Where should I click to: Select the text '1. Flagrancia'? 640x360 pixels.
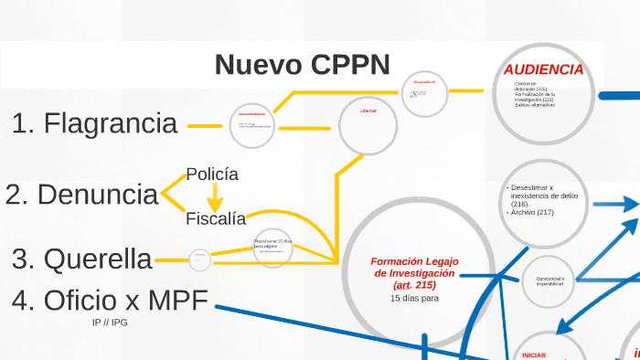[x=95, y=123]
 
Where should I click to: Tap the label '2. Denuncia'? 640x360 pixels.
[x=81, y=195]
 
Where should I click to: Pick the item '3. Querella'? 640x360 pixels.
[x=82, y=259]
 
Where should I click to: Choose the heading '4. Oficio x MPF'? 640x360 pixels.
[x=110, y=299]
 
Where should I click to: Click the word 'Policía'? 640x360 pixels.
[x=212, y=174]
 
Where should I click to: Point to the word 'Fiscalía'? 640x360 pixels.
[x=216, y=218]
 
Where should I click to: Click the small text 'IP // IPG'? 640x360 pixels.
[x=109, y=323]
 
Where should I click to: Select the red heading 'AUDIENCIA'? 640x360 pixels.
[x=543, y=69]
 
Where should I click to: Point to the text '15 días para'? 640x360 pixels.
[x=414, y=298]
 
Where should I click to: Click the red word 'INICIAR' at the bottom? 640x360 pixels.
[x=532, y=355]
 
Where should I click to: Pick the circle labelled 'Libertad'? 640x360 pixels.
[x=369, y=121]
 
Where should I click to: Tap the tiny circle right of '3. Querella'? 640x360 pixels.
[x=199, y=260]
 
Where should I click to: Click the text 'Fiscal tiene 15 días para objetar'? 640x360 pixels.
[x=272, y=244]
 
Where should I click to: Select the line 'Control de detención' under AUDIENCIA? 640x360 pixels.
[x=531, y=86]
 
